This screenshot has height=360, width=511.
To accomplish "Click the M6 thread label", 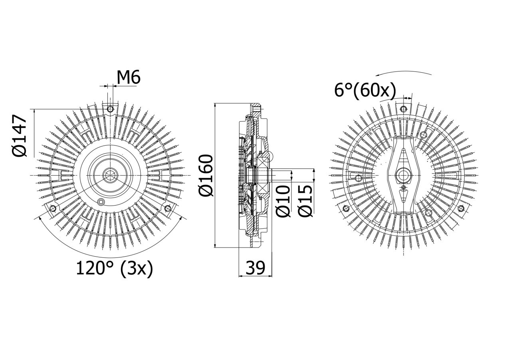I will coord(129,77).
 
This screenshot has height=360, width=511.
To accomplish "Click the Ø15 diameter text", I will coord(305,201).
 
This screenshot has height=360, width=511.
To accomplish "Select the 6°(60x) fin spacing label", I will coord(365,91).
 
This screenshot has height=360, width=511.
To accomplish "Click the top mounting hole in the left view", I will coord(111,109).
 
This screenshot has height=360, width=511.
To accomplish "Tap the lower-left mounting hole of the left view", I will coord(53,208).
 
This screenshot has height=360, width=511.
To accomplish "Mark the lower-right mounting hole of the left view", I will coord(168,208).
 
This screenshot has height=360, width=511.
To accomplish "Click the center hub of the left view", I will coord(109,175).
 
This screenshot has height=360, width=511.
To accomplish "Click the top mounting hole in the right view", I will coord(404,109).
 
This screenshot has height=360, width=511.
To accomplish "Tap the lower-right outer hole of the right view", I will coord(461,208).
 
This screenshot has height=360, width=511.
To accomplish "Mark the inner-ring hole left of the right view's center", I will coord(358,178).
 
